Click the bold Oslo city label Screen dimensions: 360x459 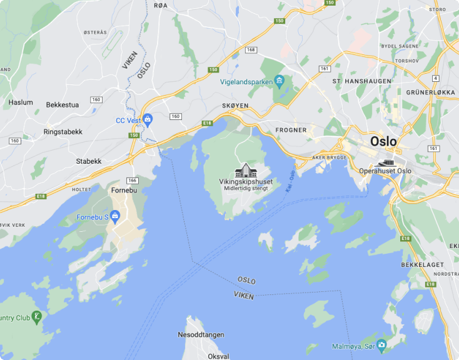coord(383,141)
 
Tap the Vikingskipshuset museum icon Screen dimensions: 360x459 coord(245,170)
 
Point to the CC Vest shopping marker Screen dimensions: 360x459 coord(148,119)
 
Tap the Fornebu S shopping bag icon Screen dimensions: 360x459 coord(115,217)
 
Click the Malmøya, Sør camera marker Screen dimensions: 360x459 coord(381,344)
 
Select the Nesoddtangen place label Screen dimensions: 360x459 coord(201,335)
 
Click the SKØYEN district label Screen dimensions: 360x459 coord(235,106)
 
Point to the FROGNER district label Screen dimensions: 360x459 coord(291,130)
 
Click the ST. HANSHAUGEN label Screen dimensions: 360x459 coord(362,81)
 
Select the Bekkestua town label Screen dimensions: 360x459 coord(63,104)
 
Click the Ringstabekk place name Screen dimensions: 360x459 coord(63,132)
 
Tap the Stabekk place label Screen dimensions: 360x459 coord(89,161)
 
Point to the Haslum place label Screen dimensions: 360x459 coord(21,102)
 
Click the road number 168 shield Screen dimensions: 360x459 coord(251,49)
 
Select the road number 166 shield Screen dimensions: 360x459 coord(132,181)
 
